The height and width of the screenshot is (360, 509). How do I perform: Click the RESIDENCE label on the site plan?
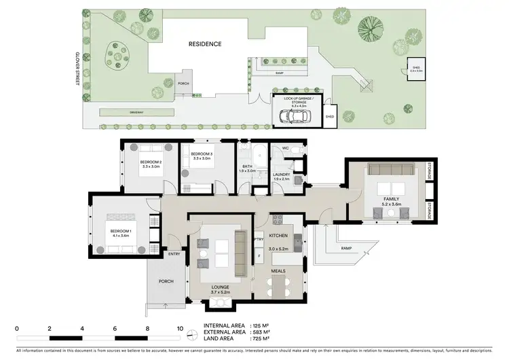tap(205, 43)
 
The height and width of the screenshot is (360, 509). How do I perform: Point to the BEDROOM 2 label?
tap(151, 162)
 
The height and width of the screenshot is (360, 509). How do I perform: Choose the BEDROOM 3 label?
tap(202, 156)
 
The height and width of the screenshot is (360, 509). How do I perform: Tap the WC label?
tap(285, 147)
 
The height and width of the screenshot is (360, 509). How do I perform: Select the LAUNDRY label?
tap(281, 175)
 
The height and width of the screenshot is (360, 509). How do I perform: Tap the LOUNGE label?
tap(219, 287)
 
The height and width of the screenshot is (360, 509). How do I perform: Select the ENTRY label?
tap(175, 255)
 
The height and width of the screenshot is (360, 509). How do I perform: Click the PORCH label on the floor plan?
tap(166, 281)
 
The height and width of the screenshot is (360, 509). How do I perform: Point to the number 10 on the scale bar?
tap(180, 328)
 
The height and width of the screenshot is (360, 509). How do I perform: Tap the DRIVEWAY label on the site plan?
tap(123, 112)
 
